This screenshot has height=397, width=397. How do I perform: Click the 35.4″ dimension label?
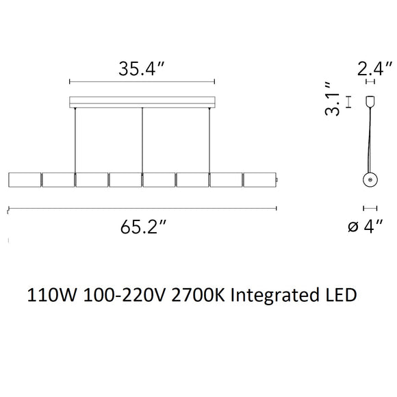point(141,68)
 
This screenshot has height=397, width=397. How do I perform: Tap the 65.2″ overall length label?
point(143,227)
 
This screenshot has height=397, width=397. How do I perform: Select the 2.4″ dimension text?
point(374,68)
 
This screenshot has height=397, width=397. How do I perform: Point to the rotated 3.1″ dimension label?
point(332,99)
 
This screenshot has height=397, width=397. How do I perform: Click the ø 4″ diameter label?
point(365,226)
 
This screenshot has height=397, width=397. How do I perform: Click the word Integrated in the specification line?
point(274,295)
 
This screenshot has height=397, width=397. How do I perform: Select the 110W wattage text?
point(51,295)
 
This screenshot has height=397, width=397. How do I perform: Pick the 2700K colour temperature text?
point(198,295)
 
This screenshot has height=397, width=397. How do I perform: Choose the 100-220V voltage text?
point(124,295)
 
